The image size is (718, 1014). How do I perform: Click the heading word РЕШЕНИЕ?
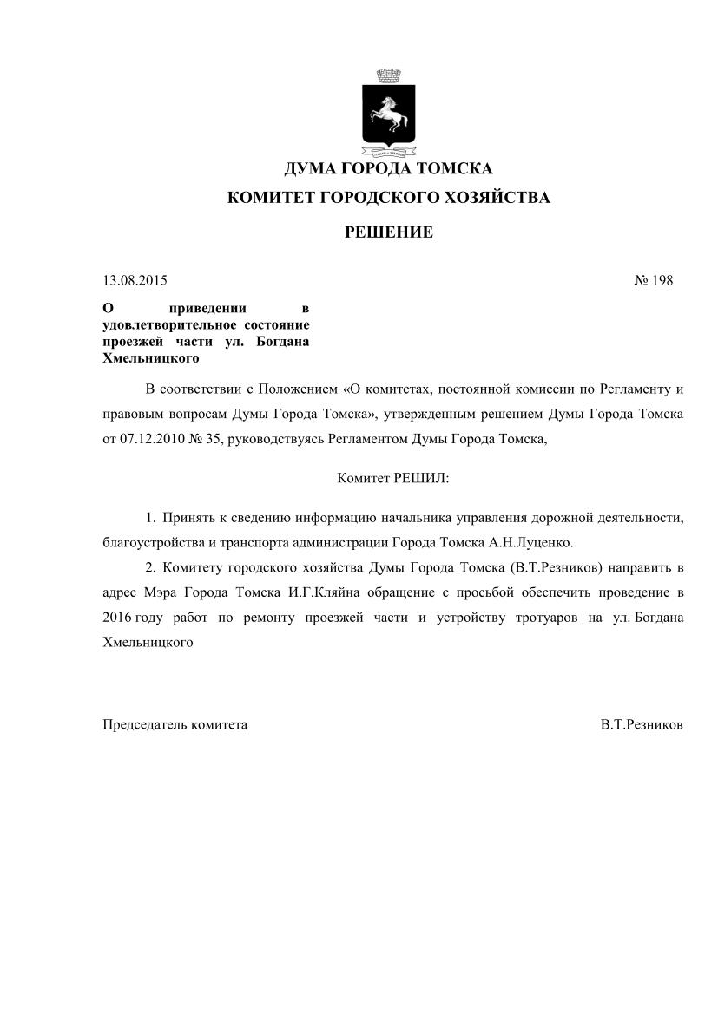click(x=389, y=232)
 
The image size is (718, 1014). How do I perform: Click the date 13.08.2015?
click(x=135, y=280)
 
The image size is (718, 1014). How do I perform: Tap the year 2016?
click(x=116, y=618)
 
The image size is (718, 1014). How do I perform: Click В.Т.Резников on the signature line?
click(x=641, y=723)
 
